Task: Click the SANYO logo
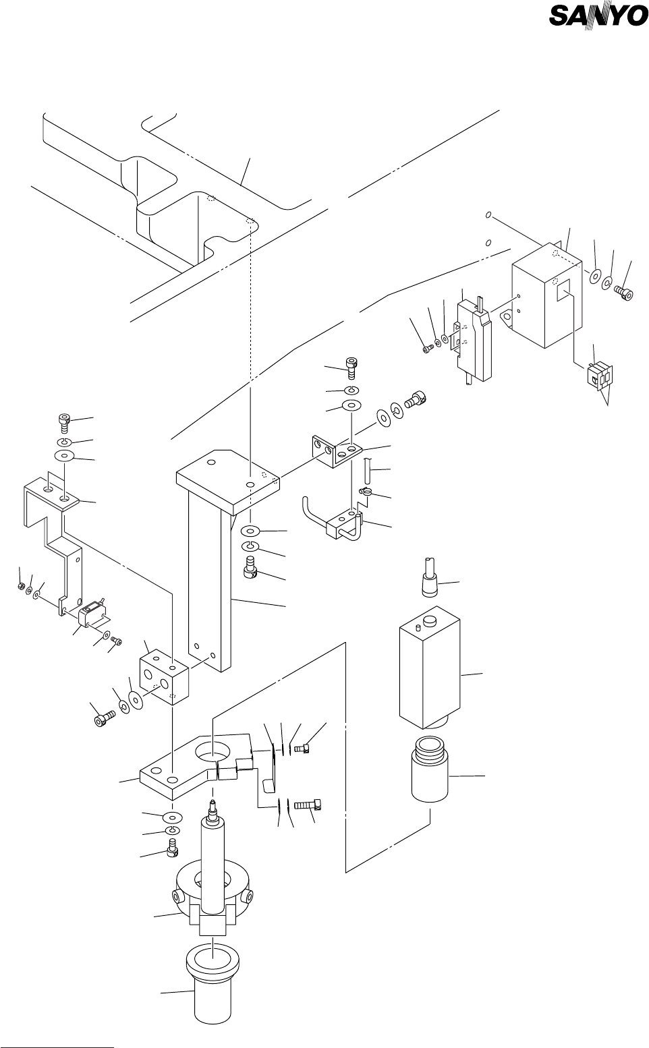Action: click(x=598, y=16)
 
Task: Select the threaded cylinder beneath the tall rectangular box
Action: click(x=430, y=769)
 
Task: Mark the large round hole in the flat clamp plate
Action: click(x=213, y=753)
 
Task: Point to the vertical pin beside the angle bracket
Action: click(x=367, y=473)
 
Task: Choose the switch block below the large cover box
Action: click(x=599, y=376)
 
